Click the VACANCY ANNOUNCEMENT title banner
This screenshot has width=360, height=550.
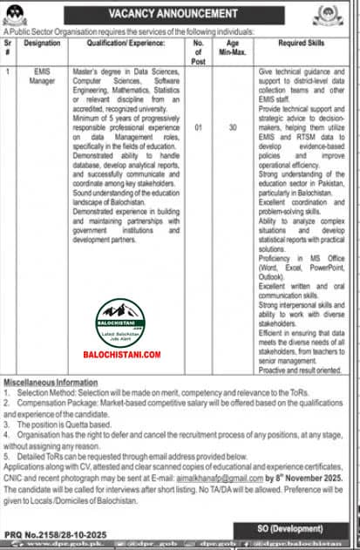click(x=180, y=14)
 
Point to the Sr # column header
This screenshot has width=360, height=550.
click(x=9, y=44)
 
